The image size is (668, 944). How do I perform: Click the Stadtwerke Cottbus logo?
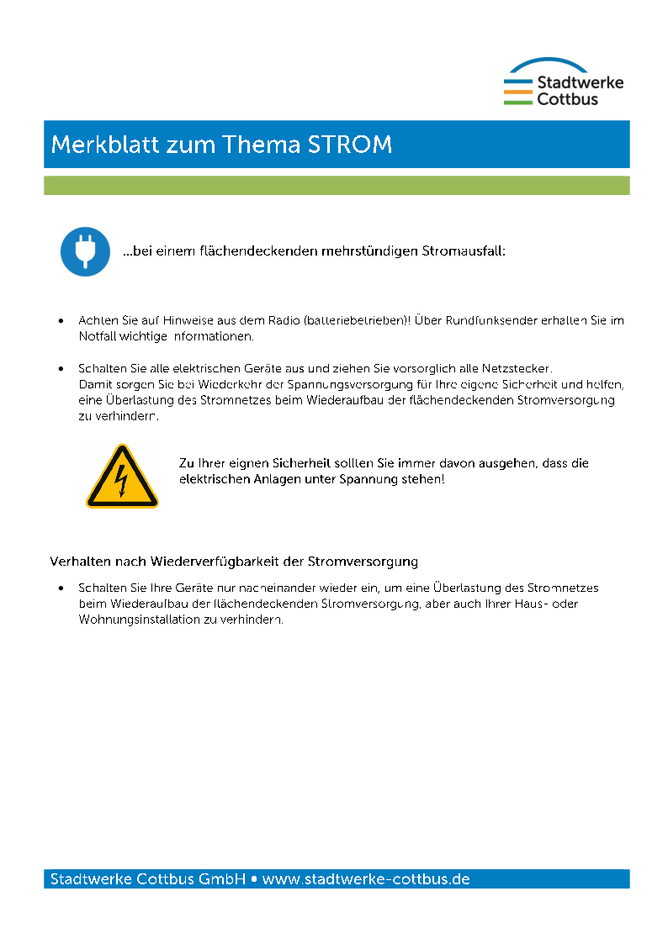563,82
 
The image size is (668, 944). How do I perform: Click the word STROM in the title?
350,145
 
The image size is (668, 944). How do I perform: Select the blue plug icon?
85,251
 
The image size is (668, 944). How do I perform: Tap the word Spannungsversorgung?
351,384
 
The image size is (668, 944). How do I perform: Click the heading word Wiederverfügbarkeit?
228,561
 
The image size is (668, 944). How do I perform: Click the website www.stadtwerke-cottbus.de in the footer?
366,879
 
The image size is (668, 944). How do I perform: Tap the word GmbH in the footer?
222,879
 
